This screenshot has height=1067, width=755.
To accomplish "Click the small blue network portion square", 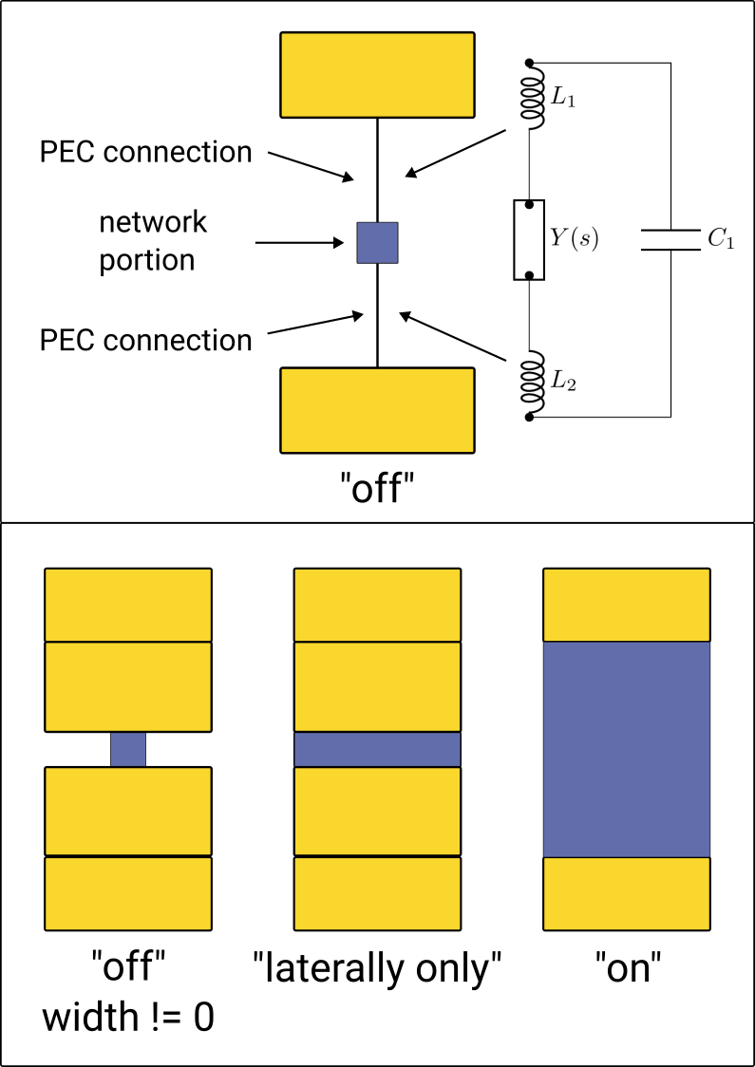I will (377, 242).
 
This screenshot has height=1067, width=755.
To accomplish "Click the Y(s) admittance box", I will (529, 239).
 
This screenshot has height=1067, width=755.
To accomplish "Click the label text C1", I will (721, 239).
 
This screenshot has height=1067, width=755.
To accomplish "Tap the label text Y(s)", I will (574, 239).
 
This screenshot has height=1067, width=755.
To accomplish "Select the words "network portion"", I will (153, 241).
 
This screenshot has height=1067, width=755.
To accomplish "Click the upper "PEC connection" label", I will (145, 151).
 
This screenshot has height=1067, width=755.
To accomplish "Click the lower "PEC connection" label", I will (145, 340).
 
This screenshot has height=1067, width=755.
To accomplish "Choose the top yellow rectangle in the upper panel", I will (377, 75).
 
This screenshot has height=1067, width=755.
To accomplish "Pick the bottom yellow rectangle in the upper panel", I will (377, 410).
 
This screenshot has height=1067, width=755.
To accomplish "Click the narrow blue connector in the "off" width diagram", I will (128, 749).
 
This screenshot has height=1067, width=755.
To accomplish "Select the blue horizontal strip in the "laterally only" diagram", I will (377, 749).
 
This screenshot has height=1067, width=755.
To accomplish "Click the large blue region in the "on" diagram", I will (626, 749).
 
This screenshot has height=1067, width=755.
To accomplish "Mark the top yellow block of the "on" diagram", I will (626, 605).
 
